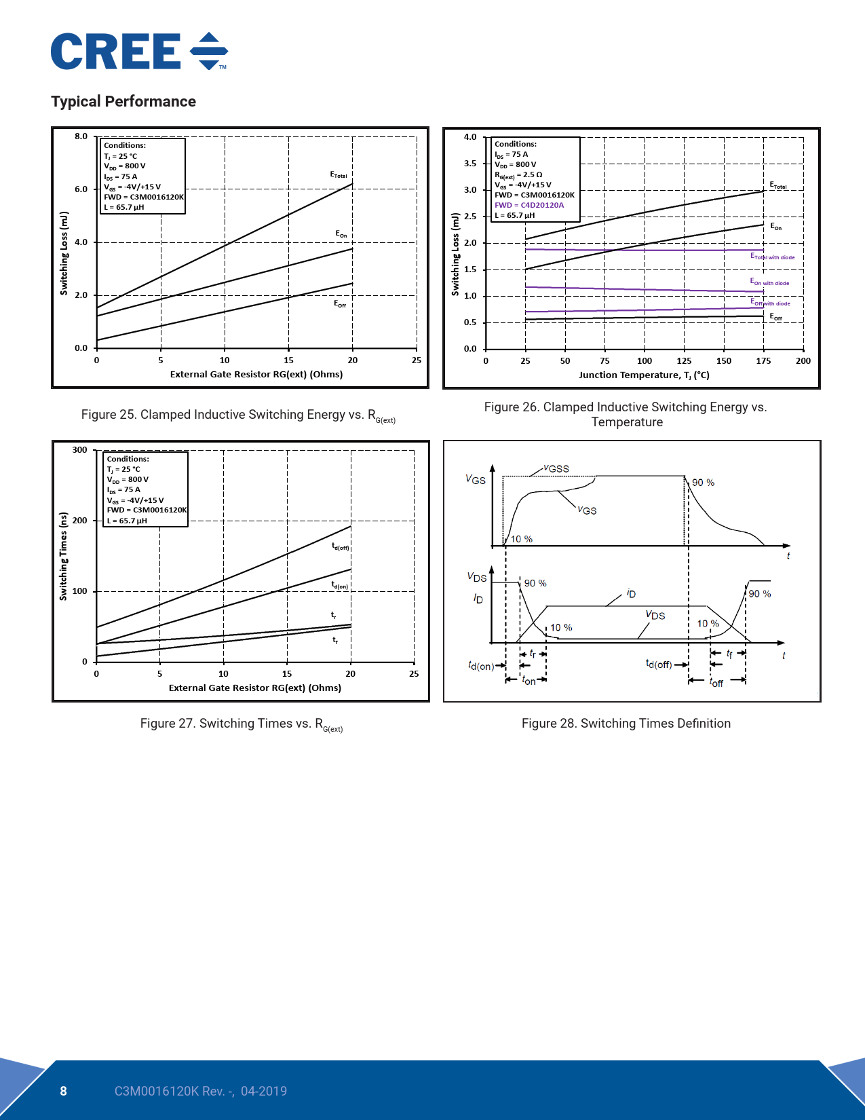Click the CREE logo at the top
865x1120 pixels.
pos(139,52)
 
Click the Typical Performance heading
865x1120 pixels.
pos(123,102)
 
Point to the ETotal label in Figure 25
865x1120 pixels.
pos(339,175)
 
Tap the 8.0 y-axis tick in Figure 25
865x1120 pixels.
pos(81,136)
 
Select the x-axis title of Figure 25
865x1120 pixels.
pos(256,374)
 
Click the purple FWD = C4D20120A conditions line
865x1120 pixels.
pos(529,205)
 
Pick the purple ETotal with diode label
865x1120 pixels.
pos(772,257)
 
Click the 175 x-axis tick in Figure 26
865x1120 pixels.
pos(763,361)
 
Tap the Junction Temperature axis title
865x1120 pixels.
pos(644,375)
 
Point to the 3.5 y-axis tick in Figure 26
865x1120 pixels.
pos(470,164)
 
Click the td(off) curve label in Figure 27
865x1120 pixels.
pos(340,546)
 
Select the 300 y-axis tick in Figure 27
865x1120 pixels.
pos(80,450)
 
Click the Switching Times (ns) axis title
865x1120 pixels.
pos(64,556)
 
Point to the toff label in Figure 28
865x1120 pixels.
pos(716,682)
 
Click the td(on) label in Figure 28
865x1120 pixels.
pos(480,666)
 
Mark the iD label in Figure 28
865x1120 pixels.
pos(631,593)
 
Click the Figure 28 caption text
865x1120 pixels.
pos(626,724)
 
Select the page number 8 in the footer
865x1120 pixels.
pos(64,1091)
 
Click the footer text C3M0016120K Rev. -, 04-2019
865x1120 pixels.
pos(200,1091)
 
